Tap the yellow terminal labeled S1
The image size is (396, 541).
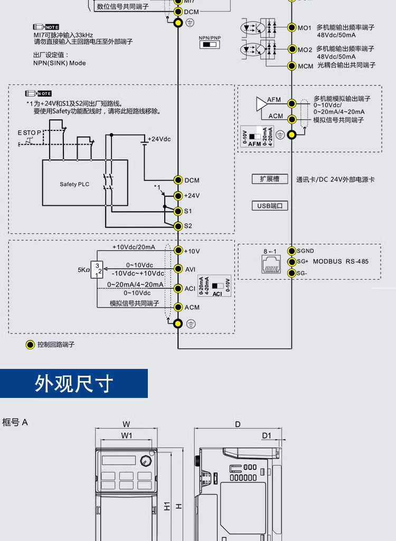point(178,211)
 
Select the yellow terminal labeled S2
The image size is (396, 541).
point(178,226)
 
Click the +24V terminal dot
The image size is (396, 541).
point(178,195)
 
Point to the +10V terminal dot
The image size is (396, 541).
point(178,251)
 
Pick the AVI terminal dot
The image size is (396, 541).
point(178,269)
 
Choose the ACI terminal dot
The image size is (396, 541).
point(178,288)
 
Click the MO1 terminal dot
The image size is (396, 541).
point(291,27)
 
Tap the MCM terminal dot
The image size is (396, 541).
point(291,66)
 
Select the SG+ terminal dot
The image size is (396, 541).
point(291,261)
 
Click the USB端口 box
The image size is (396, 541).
point(270,206)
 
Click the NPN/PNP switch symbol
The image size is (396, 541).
point(210,45)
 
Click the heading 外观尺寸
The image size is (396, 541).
point(74,384)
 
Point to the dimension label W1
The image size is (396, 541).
point(126,435)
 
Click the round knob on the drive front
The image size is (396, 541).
point(145,461)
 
